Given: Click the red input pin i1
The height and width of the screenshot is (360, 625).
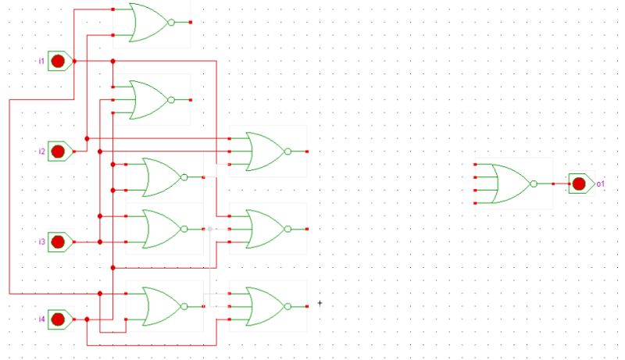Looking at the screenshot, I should click(x=58, y=61).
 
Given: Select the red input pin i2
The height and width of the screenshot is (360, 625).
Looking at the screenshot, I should click(x=58, y=151).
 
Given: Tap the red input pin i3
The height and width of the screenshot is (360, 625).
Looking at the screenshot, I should click(x=58, y=242).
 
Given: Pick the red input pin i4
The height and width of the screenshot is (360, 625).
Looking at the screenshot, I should click(x=58, y=319).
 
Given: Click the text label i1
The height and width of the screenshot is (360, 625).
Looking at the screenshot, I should click(x=41, y=61).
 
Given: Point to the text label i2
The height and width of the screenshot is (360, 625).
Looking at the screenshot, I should click(x=41, y=151).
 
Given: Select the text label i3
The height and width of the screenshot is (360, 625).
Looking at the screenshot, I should click(x=41, y=242).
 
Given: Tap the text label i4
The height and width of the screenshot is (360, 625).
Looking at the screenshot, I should click(x=41, y=319).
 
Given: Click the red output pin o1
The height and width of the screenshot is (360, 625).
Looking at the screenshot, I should click(x=579, y=184).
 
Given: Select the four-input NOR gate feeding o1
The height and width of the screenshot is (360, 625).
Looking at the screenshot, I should click(x=508, y=184).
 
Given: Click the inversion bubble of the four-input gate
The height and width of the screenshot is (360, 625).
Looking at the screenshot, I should click(x=534, y=184).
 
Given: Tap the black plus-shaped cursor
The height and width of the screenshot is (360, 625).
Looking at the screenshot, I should click(x=320, y=303).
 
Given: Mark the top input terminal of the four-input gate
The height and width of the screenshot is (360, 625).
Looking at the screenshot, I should click(x=475, y=165).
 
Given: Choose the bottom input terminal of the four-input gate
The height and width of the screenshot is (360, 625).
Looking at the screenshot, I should click(x=475, y=202).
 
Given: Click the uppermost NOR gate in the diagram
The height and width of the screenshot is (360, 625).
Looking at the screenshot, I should click(x=148, y=22).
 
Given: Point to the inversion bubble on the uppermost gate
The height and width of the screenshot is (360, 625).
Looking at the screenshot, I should click(x=171, y=22).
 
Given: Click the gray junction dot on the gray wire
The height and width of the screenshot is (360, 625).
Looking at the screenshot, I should click(x=210, y=229).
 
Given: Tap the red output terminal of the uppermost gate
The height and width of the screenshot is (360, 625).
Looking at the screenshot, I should click(x=191, y=22).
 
